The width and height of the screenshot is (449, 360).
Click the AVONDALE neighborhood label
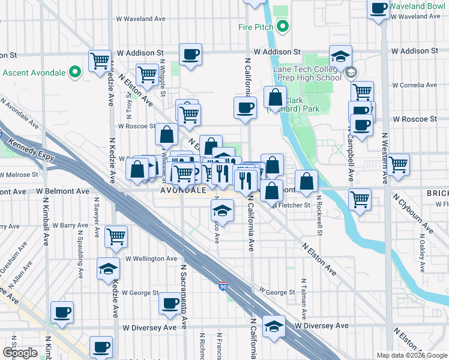coord(183,190)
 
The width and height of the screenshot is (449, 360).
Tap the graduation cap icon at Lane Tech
coord(340,56)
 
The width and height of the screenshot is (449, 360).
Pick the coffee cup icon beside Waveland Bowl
coord(379,8)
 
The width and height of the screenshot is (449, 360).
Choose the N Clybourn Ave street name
coord(412,213)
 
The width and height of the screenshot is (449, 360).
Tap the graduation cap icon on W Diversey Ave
coord(274,326)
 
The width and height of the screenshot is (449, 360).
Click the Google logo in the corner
coord(20,353)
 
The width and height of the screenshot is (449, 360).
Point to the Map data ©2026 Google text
coord(411,355)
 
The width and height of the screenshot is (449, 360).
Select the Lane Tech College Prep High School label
coord(307,73)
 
